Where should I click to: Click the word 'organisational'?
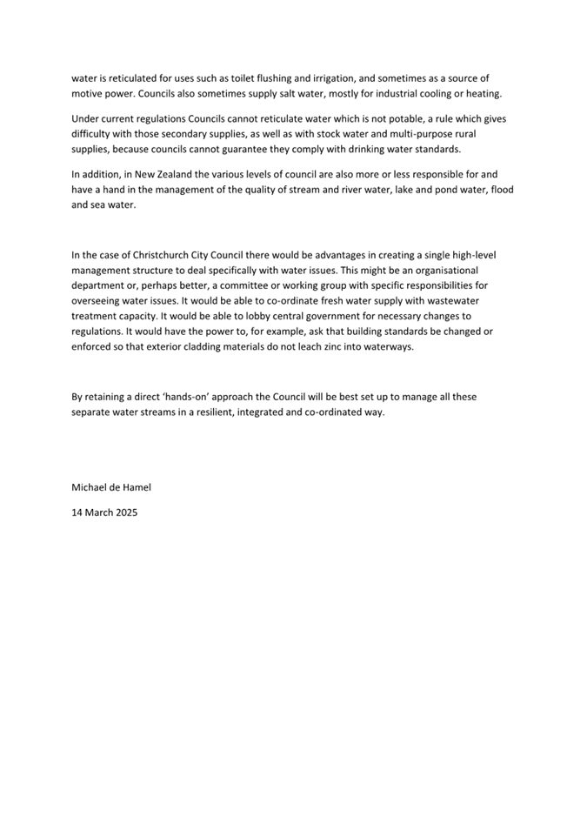[x=445, y=271]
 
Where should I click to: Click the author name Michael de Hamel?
[x=110, y=487]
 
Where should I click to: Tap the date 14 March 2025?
[x=103, y=513]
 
